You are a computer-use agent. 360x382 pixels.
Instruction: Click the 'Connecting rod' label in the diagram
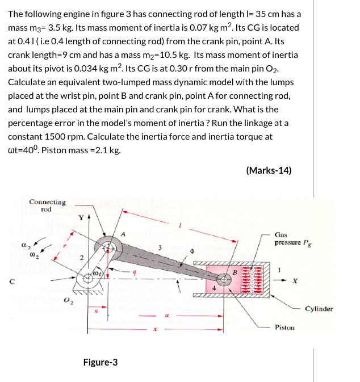(x=47, y=205)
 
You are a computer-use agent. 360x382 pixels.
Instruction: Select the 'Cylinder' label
(x=319, y=309)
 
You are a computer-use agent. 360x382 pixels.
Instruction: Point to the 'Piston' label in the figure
(x=284, y=328)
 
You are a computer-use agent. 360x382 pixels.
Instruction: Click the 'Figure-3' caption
(x=101, y=362)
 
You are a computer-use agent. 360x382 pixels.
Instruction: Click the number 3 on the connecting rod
(x=161, y=247)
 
